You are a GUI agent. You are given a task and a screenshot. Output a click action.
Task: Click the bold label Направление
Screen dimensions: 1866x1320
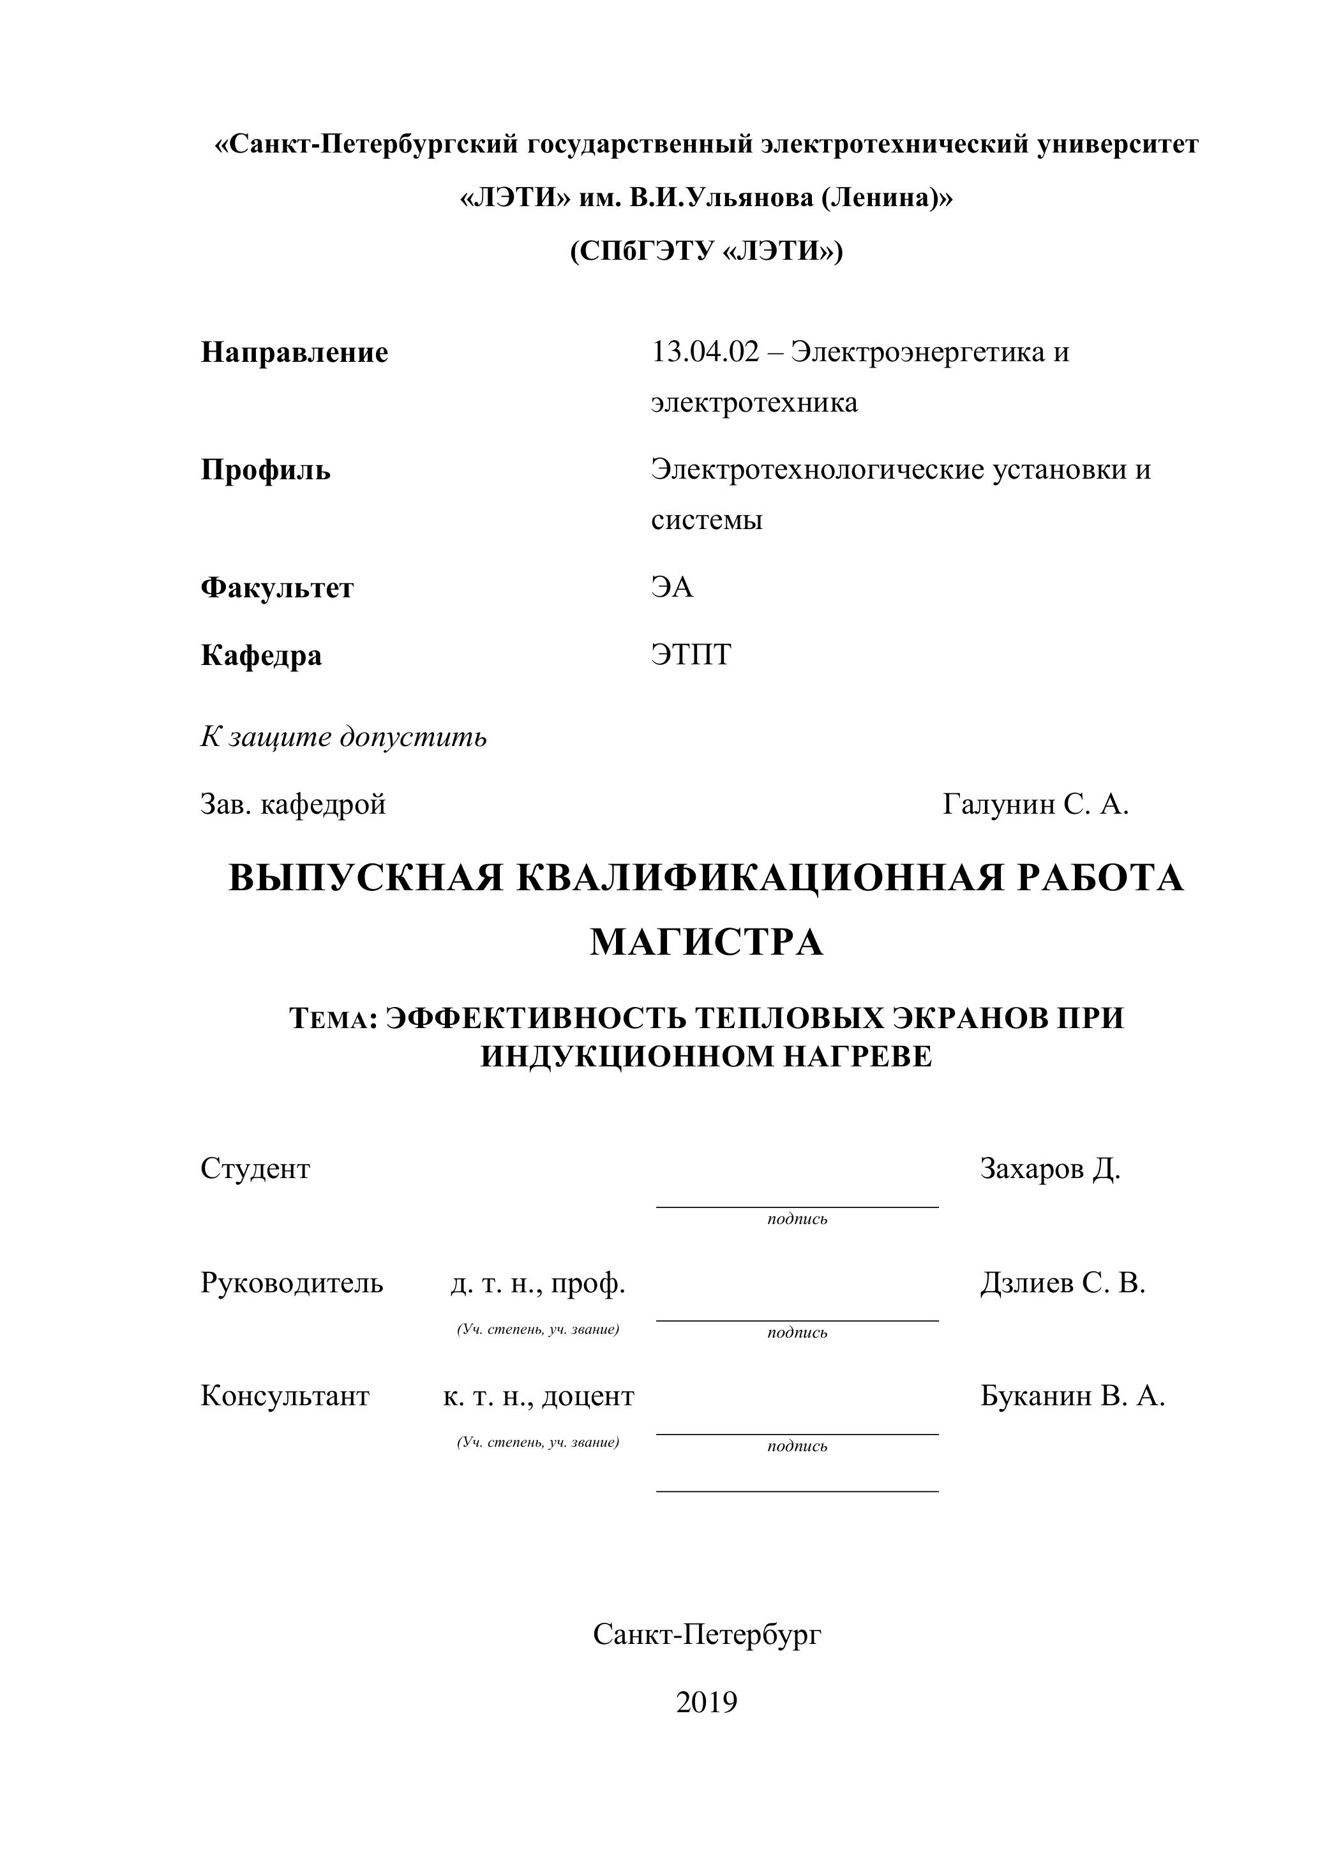point(294,353)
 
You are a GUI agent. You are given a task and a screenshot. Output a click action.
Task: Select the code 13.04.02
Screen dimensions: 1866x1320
point(705,353)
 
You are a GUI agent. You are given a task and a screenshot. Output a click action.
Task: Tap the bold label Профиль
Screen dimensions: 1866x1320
point(266,470)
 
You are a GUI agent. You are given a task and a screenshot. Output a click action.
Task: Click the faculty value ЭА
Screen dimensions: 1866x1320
point(672,586)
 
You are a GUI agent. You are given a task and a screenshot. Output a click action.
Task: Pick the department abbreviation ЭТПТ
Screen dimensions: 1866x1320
point(691,654)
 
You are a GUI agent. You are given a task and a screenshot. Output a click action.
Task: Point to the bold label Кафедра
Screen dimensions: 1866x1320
point(261,654)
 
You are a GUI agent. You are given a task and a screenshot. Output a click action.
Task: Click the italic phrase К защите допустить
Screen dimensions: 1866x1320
point(344,736)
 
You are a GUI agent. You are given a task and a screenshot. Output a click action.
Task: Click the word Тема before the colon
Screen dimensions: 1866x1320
point(329,1020)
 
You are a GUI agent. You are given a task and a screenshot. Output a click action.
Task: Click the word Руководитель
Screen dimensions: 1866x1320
point(292,1283)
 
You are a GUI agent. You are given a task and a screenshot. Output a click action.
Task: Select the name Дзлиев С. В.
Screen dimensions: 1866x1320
point(1062,1283)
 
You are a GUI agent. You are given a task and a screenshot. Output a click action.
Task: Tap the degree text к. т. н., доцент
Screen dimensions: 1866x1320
point(538,1396)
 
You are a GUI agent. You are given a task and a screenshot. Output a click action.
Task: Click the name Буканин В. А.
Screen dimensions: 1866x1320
point(1072,1396)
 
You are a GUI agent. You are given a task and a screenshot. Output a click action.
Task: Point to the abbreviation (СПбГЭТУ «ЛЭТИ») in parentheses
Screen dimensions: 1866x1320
point(707,251)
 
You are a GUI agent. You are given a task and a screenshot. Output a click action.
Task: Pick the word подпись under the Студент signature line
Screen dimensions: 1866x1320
point(797,1219)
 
